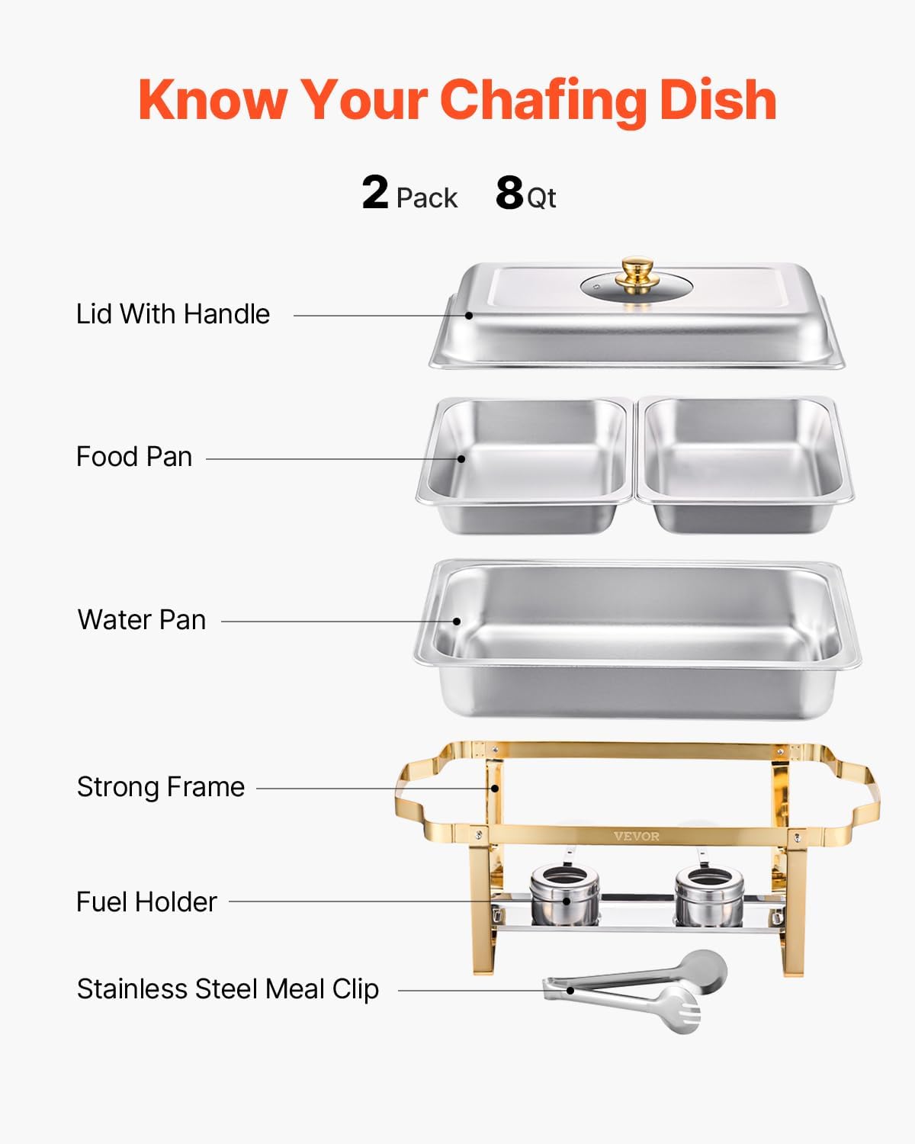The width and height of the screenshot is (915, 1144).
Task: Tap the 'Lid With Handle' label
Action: pos(173,314)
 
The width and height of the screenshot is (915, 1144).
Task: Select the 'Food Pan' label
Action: pos(134,457)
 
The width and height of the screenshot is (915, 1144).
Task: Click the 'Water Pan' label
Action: pos(142,620)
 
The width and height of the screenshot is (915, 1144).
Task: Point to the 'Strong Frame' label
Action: pos(161,787)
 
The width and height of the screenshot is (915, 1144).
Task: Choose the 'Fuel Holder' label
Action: pos(146,902)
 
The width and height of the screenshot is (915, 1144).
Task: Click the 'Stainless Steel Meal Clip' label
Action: pos(228,989)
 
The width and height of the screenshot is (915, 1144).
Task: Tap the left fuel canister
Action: pos(563,895)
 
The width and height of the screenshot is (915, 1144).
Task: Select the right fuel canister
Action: pos(709,895)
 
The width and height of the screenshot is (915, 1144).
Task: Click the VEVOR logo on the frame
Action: pos(637,837)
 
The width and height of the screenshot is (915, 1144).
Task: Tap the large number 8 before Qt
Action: pos(509,193)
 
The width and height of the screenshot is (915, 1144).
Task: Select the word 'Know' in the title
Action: pos(213,100)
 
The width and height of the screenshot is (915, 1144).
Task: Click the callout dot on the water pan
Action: pos(457,621)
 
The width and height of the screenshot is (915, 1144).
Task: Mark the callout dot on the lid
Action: pos(470,315)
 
